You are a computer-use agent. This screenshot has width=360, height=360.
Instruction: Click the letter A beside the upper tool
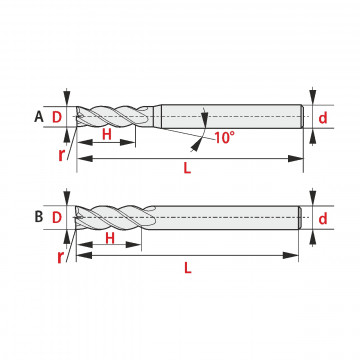pyautogui.click(x=39, y=117)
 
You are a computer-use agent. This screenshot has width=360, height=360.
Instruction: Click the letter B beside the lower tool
pyautogui.click(x=39, y=217)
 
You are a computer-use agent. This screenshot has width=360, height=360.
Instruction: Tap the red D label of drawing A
pyautogui.click(x=57, y=117)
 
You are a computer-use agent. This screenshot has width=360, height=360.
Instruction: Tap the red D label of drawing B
pyautogui.click(x=57, y=218)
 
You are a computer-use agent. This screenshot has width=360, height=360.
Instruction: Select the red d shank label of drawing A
pyautogui.click(x=323, y=118)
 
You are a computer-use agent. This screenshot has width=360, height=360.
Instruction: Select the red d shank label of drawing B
pyautogui.click(x=323, y=219)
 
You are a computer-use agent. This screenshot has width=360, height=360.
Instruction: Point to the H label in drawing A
pyautogui.click(x=106, y=134)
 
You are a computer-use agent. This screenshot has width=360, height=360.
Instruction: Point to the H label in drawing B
pyautogui.click(x=110, y=238)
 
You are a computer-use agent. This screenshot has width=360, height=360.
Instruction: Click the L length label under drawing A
pyautogui.click(x=187, y=168)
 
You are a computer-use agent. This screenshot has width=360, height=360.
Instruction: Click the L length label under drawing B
pyautogui.click(x=188, y=268)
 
